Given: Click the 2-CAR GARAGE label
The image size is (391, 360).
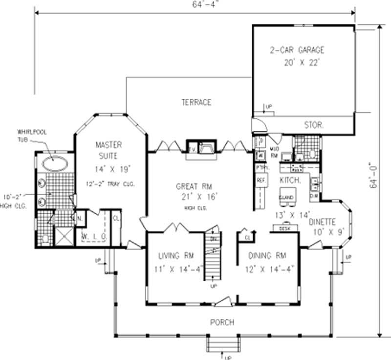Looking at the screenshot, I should click(x=297, y=50).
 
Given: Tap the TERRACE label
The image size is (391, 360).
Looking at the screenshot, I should click(x=196, y=102).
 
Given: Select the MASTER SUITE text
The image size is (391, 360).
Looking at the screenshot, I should click(x=109, y=150).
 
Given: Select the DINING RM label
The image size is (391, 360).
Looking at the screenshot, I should click(x=267, y=256).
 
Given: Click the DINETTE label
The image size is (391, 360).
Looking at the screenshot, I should click(x=321, y=221).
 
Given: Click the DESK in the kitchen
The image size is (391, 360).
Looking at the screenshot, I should click(x=283, y=228).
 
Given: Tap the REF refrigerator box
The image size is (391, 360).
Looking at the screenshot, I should click(x=261, y=180).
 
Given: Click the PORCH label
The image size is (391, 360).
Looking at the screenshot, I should click(x=222, y=322).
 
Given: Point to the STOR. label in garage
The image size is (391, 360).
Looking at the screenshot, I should click(x=313, y=125).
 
